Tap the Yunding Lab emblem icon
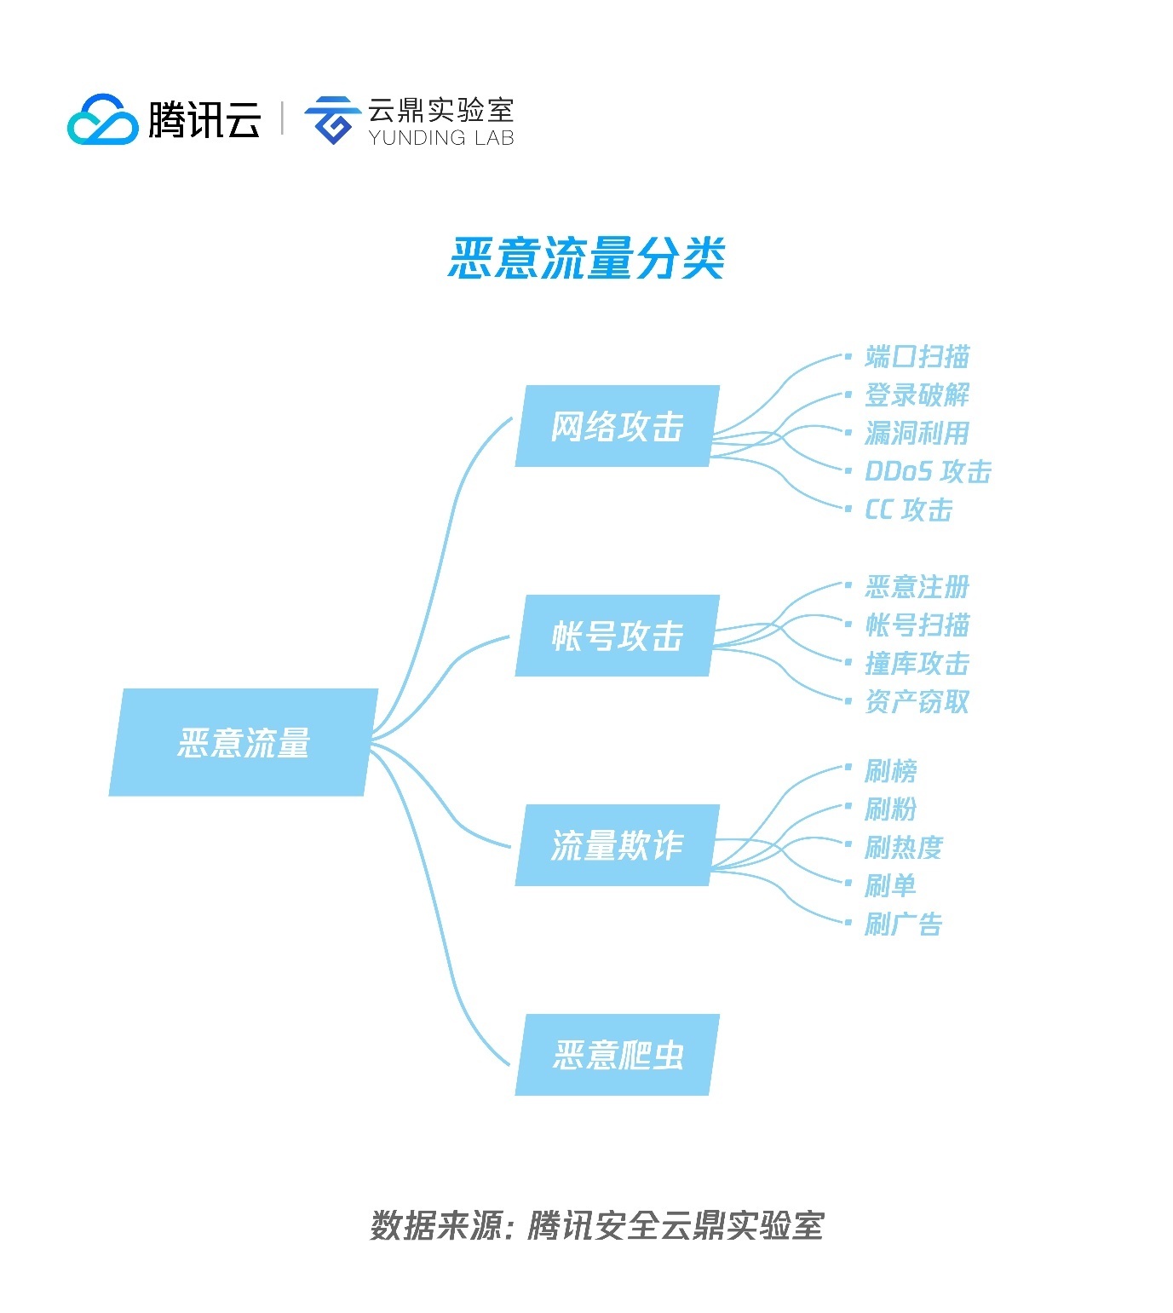(x=331, y=119)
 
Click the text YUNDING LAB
(x=441, y=137)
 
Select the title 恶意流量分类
(x=587, y=257)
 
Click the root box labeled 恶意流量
(x=243, y=742)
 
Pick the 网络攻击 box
(x=617, y=426)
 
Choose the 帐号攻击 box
(x=617, y=636)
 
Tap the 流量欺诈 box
(x=617, y=845)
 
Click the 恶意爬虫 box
(x=617, y=1055)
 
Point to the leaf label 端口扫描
(x=917, y=356)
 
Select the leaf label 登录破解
(x=917, y=394)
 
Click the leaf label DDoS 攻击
(x=928, y=471)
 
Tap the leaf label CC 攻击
(x=908, y=510)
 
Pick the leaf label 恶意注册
(x=917, y=586)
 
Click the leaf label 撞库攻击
(x=917, y=663)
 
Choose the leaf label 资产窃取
(x=917, y=701)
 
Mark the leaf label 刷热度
(x=904, y=847)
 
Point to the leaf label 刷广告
(x=904, y=924)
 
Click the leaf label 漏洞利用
(x=917, y=433)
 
